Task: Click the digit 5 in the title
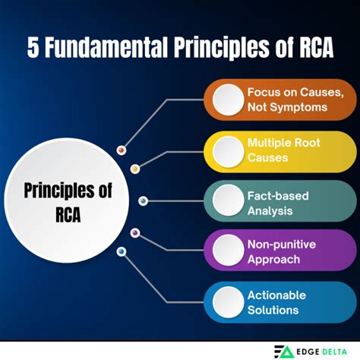(x=33, y=48)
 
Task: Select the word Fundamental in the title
(x=113, y=48)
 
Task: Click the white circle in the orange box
(x=228, y=100)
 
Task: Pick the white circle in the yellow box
(x=228, y=151)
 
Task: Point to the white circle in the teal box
(x=228, y=202)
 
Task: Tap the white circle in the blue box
(x=228, y=302)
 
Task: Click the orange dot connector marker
(x=121, y=150)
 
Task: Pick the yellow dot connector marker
(x=135, y=169)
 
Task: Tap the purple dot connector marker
(x=135, y=232)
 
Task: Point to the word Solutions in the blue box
(x=273, y=310)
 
